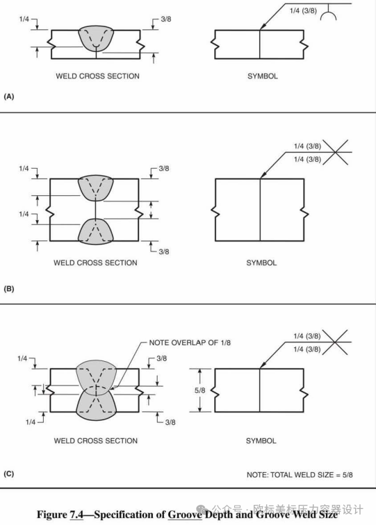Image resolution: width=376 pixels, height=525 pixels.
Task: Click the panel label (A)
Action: tap(9, 97)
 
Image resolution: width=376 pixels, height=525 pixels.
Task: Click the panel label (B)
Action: tap(9, 289)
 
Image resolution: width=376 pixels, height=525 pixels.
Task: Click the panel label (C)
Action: tap(9, 474)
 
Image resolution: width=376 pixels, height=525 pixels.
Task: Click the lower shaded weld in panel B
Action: tap(95, 231)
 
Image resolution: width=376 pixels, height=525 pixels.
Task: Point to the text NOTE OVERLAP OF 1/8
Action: tap(190, 342)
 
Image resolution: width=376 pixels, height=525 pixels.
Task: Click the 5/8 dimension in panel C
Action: tap(199, 390)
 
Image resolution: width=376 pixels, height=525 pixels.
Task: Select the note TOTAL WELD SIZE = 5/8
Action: tap(300, 475)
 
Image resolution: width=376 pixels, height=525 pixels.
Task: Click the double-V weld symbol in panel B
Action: tap(335, 152)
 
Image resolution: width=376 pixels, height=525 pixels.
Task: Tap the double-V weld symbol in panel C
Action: tap(335, 342)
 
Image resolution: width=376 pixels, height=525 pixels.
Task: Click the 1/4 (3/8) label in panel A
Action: tap(303, 10)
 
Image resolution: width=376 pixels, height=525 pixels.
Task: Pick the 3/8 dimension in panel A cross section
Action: tap(166, 19)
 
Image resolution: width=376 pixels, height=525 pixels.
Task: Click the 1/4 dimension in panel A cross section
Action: tap(24, 19)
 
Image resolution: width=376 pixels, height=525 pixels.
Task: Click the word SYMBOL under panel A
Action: tap(263, 76)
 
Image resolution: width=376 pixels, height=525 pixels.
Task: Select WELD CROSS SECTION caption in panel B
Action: tap(95, 262)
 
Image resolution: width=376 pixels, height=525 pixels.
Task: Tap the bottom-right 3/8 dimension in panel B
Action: tap(164, 251)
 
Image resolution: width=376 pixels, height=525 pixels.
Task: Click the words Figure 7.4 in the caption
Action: tap(60, 515)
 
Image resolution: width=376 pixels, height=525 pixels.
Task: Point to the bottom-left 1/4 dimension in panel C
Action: tap(31, 422)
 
